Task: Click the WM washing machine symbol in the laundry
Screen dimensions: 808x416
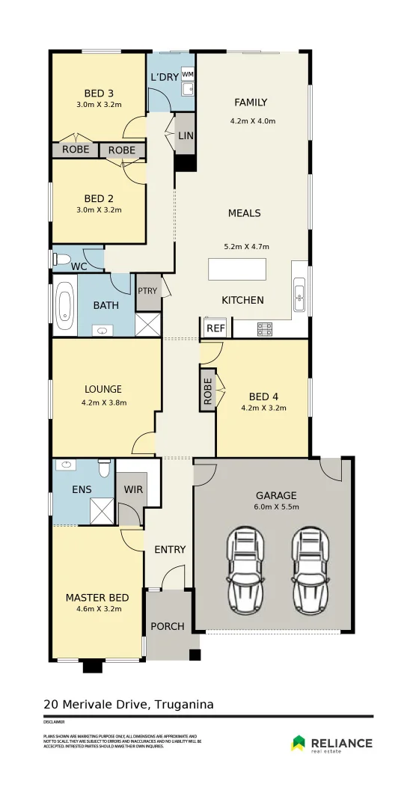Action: [x=187, y=74]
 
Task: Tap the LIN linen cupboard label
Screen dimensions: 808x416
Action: [x=186, y=135]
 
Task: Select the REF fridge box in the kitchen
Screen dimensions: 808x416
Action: [x=215, y=328]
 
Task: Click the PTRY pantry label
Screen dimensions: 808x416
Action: [x=147, y=292]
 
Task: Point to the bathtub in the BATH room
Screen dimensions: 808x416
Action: [x=64, y=305]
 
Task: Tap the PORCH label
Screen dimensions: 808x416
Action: [x=168, y=625]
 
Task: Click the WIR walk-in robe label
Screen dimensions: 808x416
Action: [x=133, y=489]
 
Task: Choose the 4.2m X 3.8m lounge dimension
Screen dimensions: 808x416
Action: [x=103, y=403]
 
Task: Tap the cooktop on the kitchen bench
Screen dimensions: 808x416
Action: [x=264, y=327]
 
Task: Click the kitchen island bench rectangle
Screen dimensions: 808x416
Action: [x=237, y=269]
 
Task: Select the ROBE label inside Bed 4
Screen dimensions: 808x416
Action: [x=208, y=389]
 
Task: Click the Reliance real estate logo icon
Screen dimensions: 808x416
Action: [x=299, y=742]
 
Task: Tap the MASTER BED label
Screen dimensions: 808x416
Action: [x=97, y=597]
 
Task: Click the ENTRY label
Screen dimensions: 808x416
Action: [x=170, y=550]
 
